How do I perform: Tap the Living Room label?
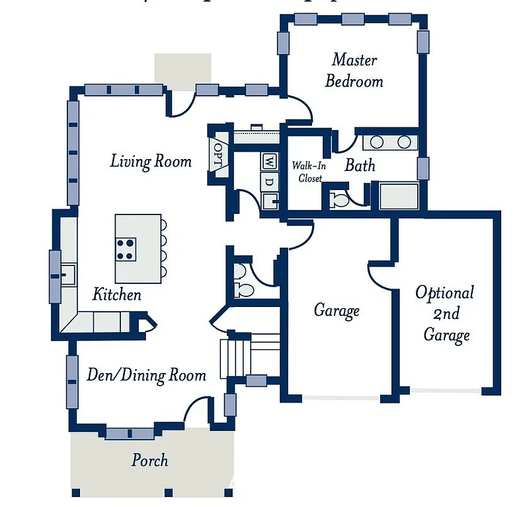[151, 160]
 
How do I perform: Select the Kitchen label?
[116, 294]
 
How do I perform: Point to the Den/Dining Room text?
[146, 375]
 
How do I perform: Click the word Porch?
[149, 459]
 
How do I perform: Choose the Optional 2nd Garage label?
[445, 314]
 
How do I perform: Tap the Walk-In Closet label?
[307, 172]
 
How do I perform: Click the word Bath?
[360, 165]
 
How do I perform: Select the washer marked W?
[270, 160]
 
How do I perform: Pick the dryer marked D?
[270, 180]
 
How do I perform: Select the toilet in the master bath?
[339, 199]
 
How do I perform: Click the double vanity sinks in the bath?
[389, 142]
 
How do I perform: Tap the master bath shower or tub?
[398, 196]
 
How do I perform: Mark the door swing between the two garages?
[380, 273]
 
